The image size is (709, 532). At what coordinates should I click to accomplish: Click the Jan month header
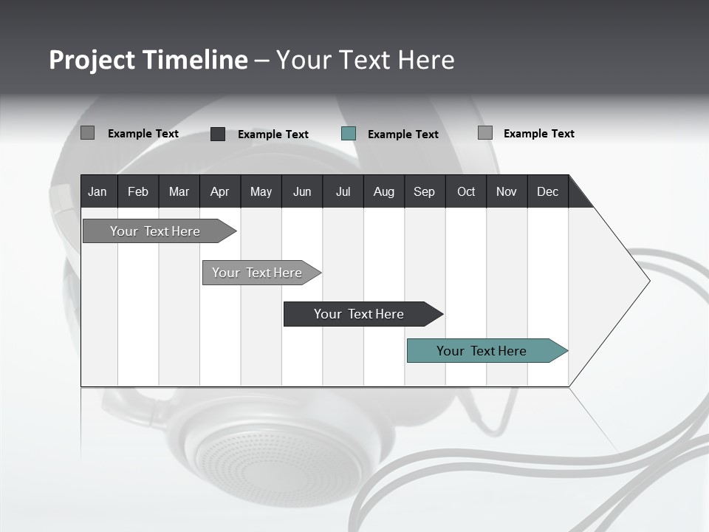tap(97, 191)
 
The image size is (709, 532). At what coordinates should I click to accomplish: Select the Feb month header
tap(138, 191)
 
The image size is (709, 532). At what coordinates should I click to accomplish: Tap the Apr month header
tap(219, 191)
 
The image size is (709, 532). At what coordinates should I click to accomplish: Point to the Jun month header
tap(302, 191)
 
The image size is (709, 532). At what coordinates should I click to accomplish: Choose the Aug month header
tap(383, 191)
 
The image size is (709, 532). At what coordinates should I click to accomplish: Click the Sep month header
tap(424, 191)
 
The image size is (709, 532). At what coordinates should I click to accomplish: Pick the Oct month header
tap(466, 191)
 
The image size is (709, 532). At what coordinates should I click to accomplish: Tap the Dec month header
tap(547, 191)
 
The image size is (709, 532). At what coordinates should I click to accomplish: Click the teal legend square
tap(349, 134)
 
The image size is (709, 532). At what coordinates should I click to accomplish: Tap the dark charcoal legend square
tap(218, 134)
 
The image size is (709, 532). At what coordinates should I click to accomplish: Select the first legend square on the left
tap(87, 133)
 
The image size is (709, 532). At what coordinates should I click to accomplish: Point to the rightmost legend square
tap(485, 133)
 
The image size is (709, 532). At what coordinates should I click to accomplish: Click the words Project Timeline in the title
tap(148, 60)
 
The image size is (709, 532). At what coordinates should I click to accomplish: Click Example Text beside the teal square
tap(403, 134)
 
